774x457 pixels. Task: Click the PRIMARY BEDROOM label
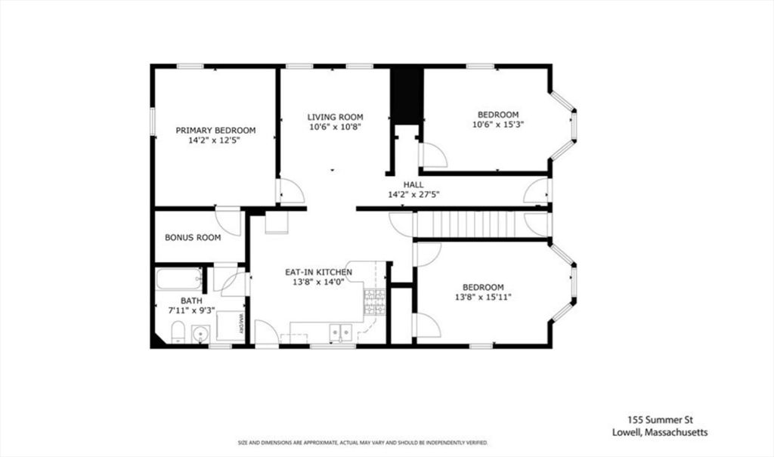[x=215, y=130]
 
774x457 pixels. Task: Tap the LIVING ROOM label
[x=335, y=117]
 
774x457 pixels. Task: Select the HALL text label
[x=413, y=184]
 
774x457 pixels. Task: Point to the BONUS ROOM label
[x=193, y=237]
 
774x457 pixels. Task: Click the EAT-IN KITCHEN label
[x=318, y=271]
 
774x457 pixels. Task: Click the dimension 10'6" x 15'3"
[x=497, y=125]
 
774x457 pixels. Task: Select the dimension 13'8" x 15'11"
[x=483, y=298]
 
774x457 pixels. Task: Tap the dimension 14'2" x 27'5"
[x=413, y=195]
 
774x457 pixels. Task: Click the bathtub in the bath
[x=179, y=279]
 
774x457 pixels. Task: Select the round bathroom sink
[x=200, y=333]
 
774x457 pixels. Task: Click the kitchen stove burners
[x=374, y=302]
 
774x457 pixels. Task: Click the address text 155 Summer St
[x=655, y=419]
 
